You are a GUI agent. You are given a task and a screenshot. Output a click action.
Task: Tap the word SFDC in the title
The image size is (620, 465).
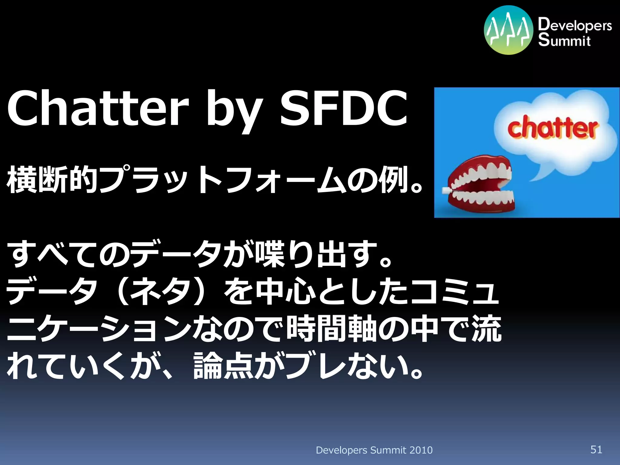(344, 108)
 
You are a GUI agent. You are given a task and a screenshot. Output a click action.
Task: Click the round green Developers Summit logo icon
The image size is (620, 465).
(508, 30)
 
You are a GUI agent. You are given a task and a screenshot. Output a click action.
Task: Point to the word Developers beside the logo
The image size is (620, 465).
(575, 25)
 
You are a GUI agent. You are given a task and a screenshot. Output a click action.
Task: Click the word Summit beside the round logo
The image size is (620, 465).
(564, 40)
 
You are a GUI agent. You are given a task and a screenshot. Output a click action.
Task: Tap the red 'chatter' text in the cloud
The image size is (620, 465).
(553, 128)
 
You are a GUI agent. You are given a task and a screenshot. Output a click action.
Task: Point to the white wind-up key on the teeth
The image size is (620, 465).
(446, 191)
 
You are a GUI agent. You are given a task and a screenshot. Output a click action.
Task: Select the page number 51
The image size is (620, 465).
(596, 450)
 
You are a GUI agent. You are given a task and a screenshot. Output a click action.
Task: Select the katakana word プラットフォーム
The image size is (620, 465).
(223, 180)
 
